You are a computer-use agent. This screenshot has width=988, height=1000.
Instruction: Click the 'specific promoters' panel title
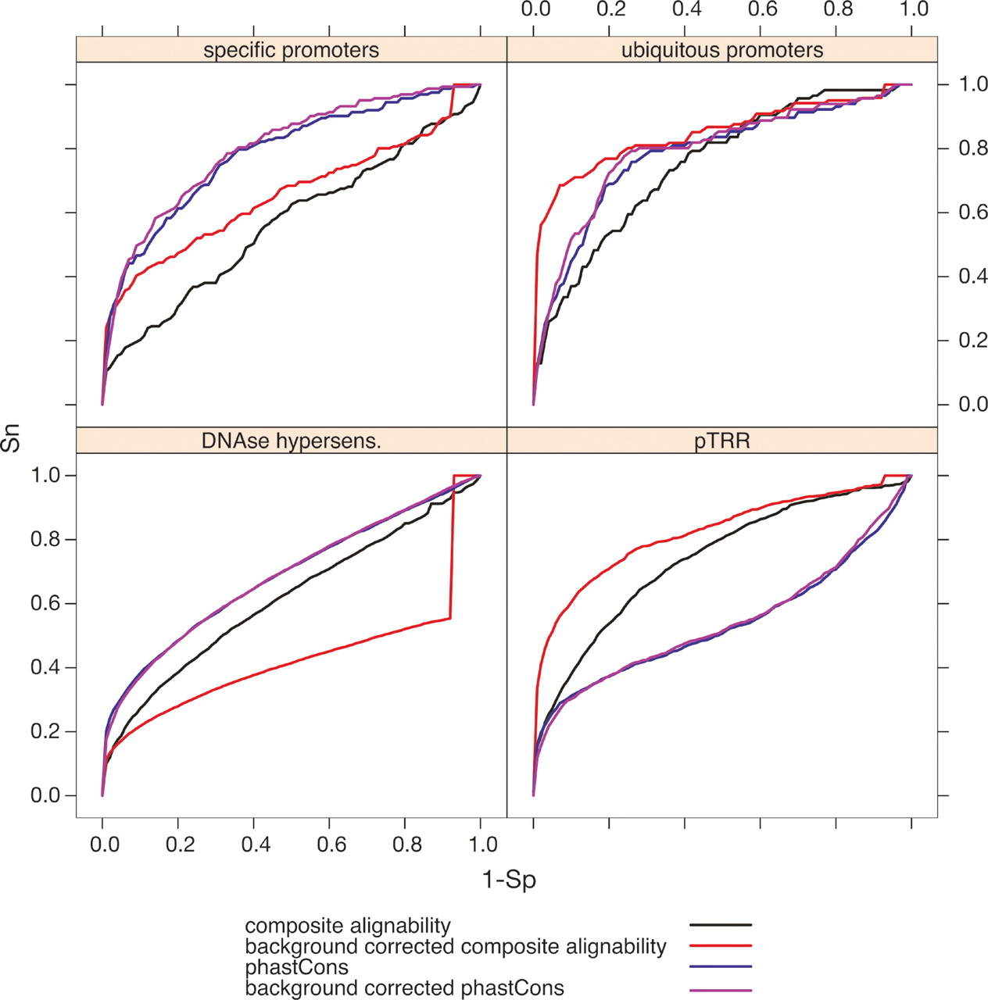(x=291, y=51)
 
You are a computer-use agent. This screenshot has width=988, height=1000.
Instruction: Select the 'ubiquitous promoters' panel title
(x=721, y=51)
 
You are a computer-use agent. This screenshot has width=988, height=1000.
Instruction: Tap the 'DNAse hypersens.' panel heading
(x=291, y=441)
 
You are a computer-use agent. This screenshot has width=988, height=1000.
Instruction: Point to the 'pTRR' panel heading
(x=721, y=441)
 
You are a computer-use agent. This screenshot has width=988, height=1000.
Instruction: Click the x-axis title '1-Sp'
(x=509, y=880)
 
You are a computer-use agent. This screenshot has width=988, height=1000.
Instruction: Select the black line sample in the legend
(x=720, y=925)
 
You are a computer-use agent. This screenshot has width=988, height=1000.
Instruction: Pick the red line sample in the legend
(x=720, y=946)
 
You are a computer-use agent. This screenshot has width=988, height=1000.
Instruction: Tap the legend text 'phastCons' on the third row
(x=296, y=967)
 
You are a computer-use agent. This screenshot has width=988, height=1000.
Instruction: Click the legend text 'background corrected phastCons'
(x=404, y=988)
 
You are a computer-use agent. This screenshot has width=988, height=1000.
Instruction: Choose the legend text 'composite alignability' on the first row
(x=348, y=926)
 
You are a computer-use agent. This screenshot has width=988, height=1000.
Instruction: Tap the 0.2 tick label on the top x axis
(x=610, y=10)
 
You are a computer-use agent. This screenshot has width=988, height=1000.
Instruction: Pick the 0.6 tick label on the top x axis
(x=762, y=10)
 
